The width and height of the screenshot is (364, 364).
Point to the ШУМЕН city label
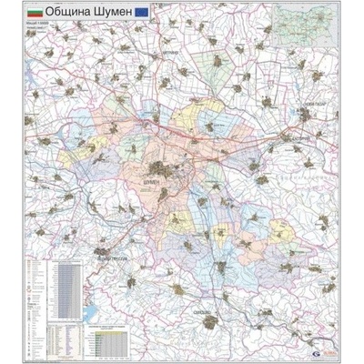(156, 182)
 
